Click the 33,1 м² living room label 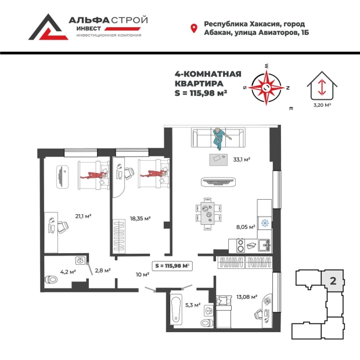[241, 159]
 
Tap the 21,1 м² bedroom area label [84, 216]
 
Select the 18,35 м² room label [140, 218]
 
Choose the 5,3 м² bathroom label [193, 304]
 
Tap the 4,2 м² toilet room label [60, 270]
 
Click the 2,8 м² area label [102, 270]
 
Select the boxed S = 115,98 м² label [172, 265]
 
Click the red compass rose [267, 88]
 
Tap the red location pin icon [194, 28]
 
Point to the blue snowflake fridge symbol [264, 223]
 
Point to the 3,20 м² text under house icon [322, 105]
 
